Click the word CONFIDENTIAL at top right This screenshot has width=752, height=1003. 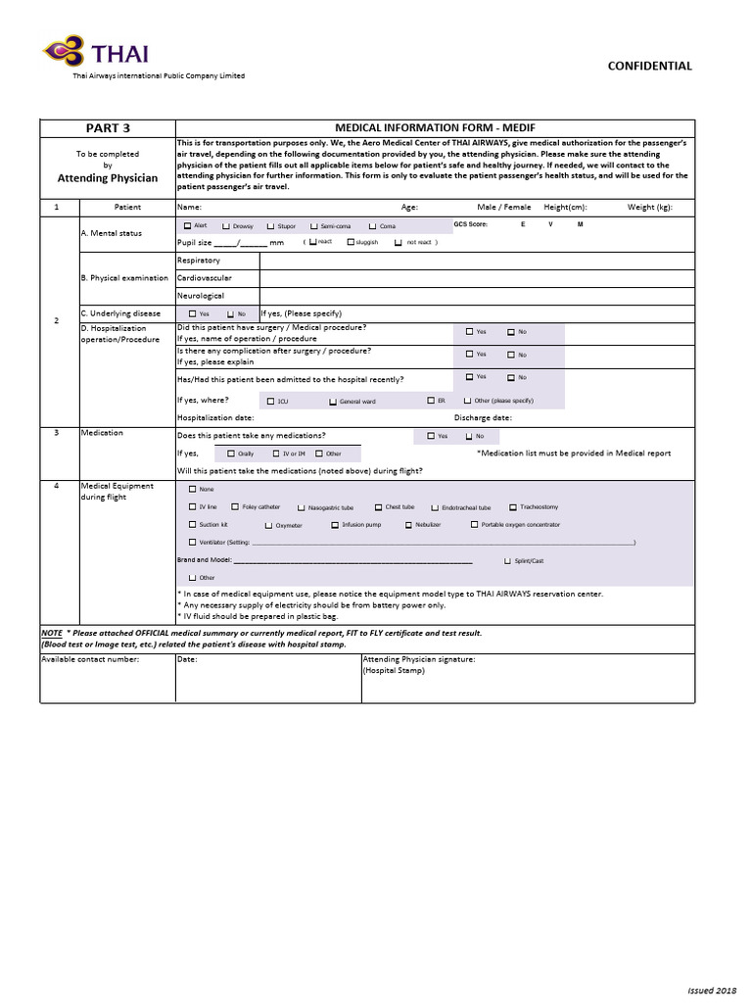650,66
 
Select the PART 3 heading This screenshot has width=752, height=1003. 108,127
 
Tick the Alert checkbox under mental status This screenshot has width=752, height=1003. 188,225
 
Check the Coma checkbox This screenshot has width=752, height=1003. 373,226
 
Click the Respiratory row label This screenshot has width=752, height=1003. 199,261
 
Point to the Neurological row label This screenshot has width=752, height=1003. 201,295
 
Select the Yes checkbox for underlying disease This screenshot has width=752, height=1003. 192,313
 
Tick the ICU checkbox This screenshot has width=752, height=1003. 270,402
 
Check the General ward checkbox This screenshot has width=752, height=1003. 332,402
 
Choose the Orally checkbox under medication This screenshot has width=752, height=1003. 231,454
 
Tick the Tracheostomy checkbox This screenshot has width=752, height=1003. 512,507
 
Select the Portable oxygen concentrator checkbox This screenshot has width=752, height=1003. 474,525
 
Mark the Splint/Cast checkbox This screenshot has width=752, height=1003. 506,560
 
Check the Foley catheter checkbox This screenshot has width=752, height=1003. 235,507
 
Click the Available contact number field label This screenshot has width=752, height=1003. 90,659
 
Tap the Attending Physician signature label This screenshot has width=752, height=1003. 419,659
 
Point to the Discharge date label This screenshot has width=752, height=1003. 484,417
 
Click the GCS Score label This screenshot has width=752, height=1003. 470,224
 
